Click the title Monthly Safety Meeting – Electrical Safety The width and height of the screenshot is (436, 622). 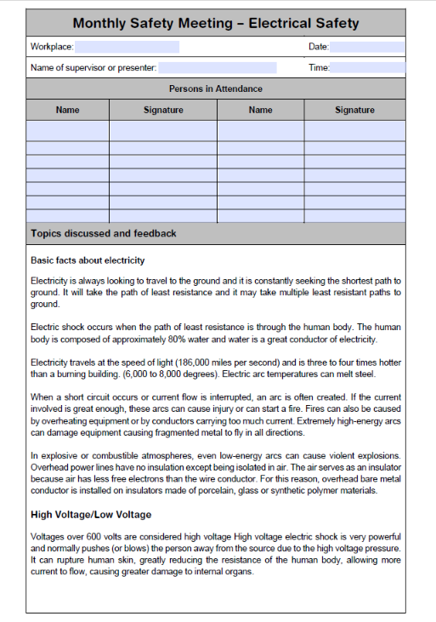[216, 24]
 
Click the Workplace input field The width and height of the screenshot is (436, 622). [127, 47]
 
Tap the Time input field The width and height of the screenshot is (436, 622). [367, 67]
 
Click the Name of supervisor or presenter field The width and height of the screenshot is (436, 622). [217, 67]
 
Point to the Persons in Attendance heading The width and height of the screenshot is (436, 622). [216, 88]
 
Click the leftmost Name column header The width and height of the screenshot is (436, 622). [68, 110]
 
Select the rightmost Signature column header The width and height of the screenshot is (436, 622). [354, 110]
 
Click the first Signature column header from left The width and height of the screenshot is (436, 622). [163, 110]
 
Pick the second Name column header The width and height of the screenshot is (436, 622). [261, 110]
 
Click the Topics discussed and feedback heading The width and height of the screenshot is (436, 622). [104, 233]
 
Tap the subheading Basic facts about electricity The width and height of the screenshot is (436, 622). [88, 260]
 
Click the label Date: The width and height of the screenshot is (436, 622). [318, 47]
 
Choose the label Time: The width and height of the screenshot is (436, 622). [319, 67]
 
